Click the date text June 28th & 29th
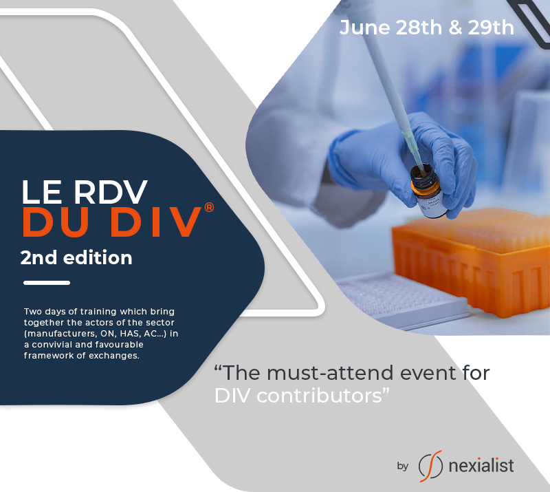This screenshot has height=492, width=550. pos(426,28)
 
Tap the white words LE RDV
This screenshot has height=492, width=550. pos(85,192)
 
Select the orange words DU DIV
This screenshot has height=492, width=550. pos(112,222)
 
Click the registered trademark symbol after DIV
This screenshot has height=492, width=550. pos(209,207)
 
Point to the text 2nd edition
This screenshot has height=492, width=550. pos(76,257)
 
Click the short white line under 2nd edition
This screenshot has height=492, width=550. pos(47,283)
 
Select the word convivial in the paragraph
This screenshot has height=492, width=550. pos(53,345)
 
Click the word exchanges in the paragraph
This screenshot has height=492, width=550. pos(114,355)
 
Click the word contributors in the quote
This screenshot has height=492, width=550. pos(319,396)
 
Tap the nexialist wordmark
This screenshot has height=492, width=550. pos(481,466)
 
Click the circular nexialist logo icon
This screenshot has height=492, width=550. pos(431,466)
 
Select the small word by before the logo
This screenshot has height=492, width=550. pos(403,466)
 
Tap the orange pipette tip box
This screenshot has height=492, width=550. pos(471,261)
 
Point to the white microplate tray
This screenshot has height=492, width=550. pos(400,301)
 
